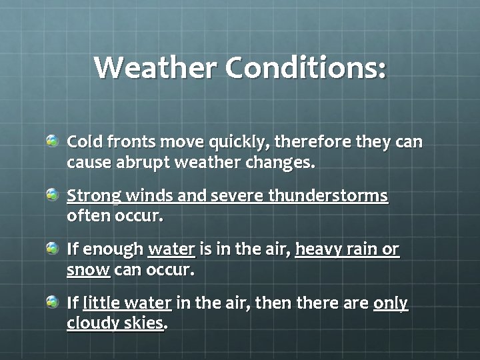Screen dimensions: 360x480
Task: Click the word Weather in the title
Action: pos(155,67)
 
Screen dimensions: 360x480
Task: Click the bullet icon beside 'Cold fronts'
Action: pos(52,141)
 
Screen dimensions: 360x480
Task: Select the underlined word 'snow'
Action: pos(88,271)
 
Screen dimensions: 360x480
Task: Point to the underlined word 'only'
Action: pos(391,304)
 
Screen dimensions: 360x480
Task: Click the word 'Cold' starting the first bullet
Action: pos(83,143)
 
